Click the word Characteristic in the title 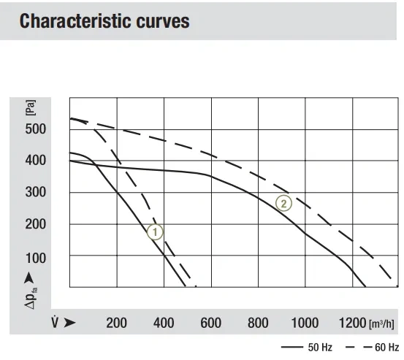[x=75, y=21]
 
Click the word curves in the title [x=163, y=22]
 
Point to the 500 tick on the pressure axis [x=36, y=129]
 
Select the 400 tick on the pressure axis [x=36, y=161]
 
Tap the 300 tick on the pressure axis [x=36, y=192]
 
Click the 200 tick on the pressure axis [x=36, y=224]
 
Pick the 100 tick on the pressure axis [x=36, y=258]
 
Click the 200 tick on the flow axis [x=116, y=323]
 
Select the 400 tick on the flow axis [x=164, y=323]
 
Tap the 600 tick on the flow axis [x=210, y=323]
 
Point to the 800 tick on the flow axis [x=258, y=323]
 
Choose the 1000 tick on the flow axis [x=305, y=323]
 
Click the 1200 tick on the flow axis [x=352, y=323]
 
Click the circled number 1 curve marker [x=155, y=232]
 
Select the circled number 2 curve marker [x=283, y=203]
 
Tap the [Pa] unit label [x=31, y=107]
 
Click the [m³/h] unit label [x=381, y=324]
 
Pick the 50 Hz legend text [x=320, y=348]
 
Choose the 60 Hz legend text [x=386, y=348]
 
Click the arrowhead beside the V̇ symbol [x=69, y=323]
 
